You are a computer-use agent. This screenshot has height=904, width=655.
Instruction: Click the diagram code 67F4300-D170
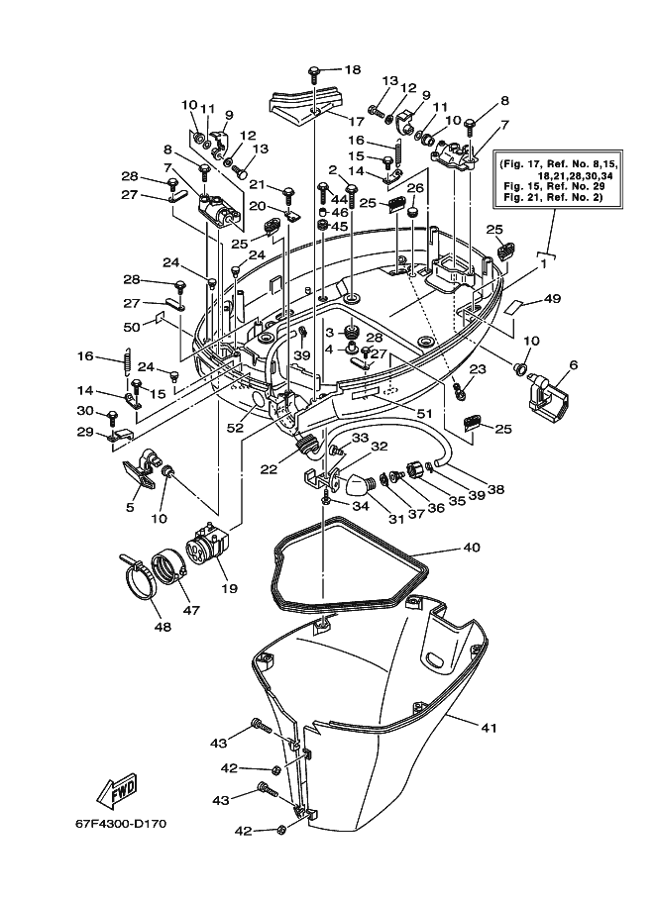click(x=121, y=824)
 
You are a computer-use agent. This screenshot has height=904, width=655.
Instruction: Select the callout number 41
click(x=489, y=728)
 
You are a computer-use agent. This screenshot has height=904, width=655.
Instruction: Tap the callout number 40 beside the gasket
click(x=472, y=547)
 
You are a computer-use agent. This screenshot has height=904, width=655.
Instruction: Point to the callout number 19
click(x=229, y=588)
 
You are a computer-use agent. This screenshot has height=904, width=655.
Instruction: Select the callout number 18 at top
click(x=353, y=69)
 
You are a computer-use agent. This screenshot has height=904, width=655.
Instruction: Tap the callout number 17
click(x=356, y=122)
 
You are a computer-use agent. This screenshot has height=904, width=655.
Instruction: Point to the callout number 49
click(x=552, y=299)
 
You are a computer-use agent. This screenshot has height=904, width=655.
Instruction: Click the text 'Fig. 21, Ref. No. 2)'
click(x=554, y=197)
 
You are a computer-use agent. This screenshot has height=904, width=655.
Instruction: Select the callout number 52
click(x=235, y=429)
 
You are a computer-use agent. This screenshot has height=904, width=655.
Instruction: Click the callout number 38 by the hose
click(x=495, y=489)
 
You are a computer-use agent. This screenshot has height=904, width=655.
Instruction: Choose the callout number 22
click(x=269, y=470)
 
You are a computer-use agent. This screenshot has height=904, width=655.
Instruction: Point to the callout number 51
click(x=424, y=413)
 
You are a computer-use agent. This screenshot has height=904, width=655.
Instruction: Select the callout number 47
click(x=191, y=609)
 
